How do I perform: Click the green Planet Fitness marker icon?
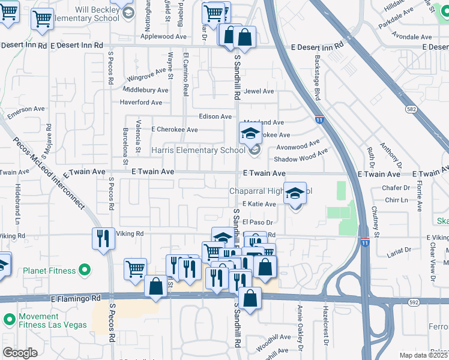coord(84,270)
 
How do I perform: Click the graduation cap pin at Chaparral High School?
coord(295,194)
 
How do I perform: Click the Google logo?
coord(20,353)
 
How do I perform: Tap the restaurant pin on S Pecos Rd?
coord(103,239)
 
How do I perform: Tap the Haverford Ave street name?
coord(141,103)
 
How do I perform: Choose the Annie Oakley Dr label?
coord(298,332)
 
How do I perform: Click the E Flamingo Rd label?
coord(76,298)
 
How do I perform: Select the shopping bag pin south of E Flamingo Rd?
coord(250,298)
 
